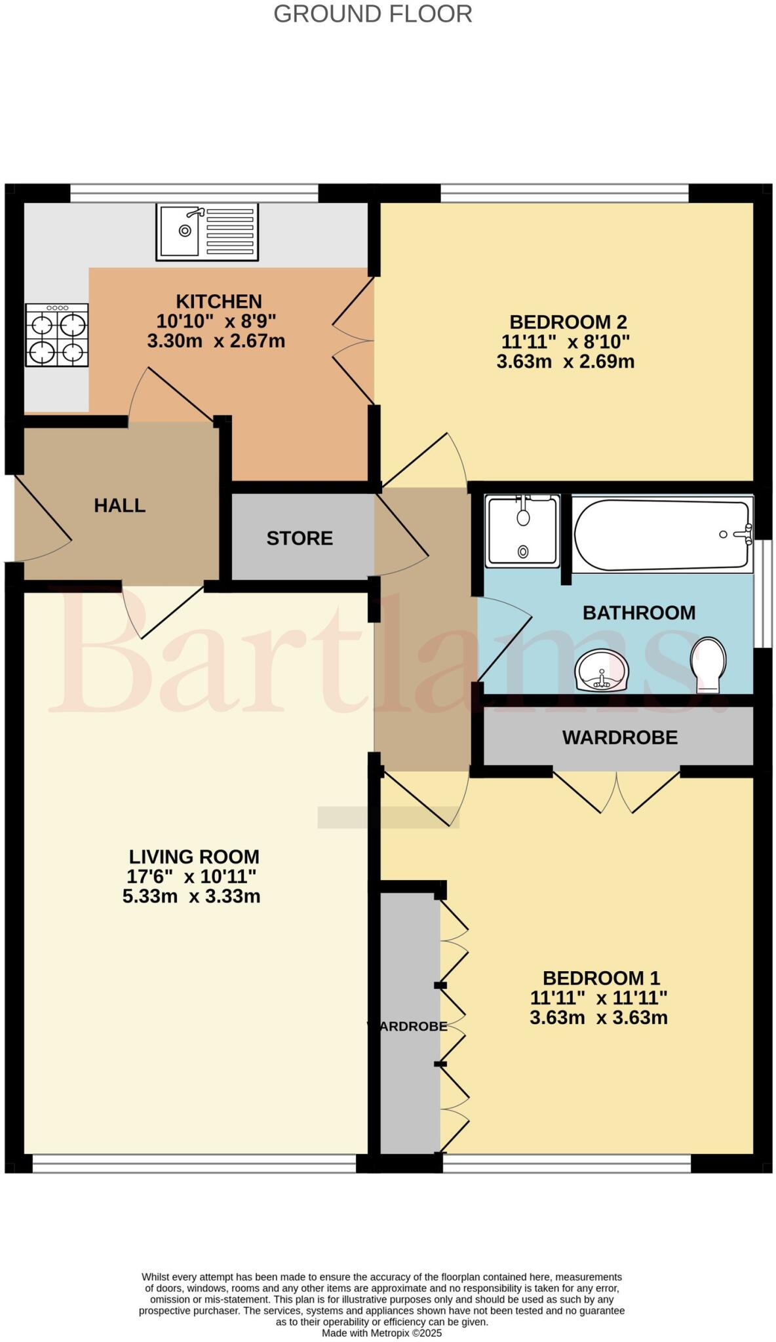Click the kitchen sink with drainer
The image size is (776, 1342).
207,231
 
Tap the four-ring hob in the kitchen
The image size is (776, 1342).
57,335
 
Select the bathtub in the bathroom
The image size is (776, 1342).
662,535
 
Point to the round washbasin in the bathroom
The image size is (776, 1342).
602,670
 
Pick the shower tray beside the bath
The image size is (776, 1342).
522,531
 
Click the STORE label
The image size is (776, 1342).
300,539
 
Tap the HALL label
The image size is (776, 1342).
119,505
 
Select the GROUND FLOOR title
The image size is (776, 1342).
372,14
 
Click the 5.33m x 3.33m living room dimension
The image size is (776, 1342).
191,896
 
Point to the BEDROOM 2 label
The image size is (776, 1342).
568,322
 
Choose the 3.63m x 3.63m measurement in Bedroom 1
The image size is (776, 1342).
598,1018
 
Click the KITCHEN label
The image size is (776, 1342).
219,301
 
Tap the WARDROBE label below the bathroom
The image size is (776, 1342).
619,738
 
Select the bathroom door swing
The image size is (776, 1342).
503,639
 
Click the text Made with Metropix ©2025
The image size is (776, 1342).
381,1332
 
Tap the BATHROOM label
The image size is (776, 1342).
639,613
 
